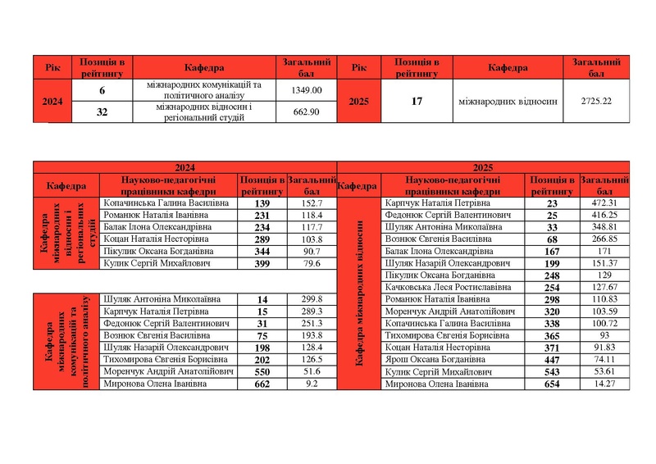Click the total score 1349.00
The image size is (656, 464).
[307, 90]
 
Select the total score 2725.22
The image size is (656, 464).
[596, 102]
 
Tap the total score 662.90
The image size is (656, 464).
[307, 112]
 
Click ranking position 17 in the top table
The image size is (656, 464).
[417, 102]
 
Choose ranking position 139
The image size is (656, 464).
[262, 202]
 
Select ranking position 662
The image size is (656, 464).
[262, 384]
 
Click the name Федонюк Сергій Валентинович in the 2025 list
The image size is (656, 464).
[445, 215]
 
